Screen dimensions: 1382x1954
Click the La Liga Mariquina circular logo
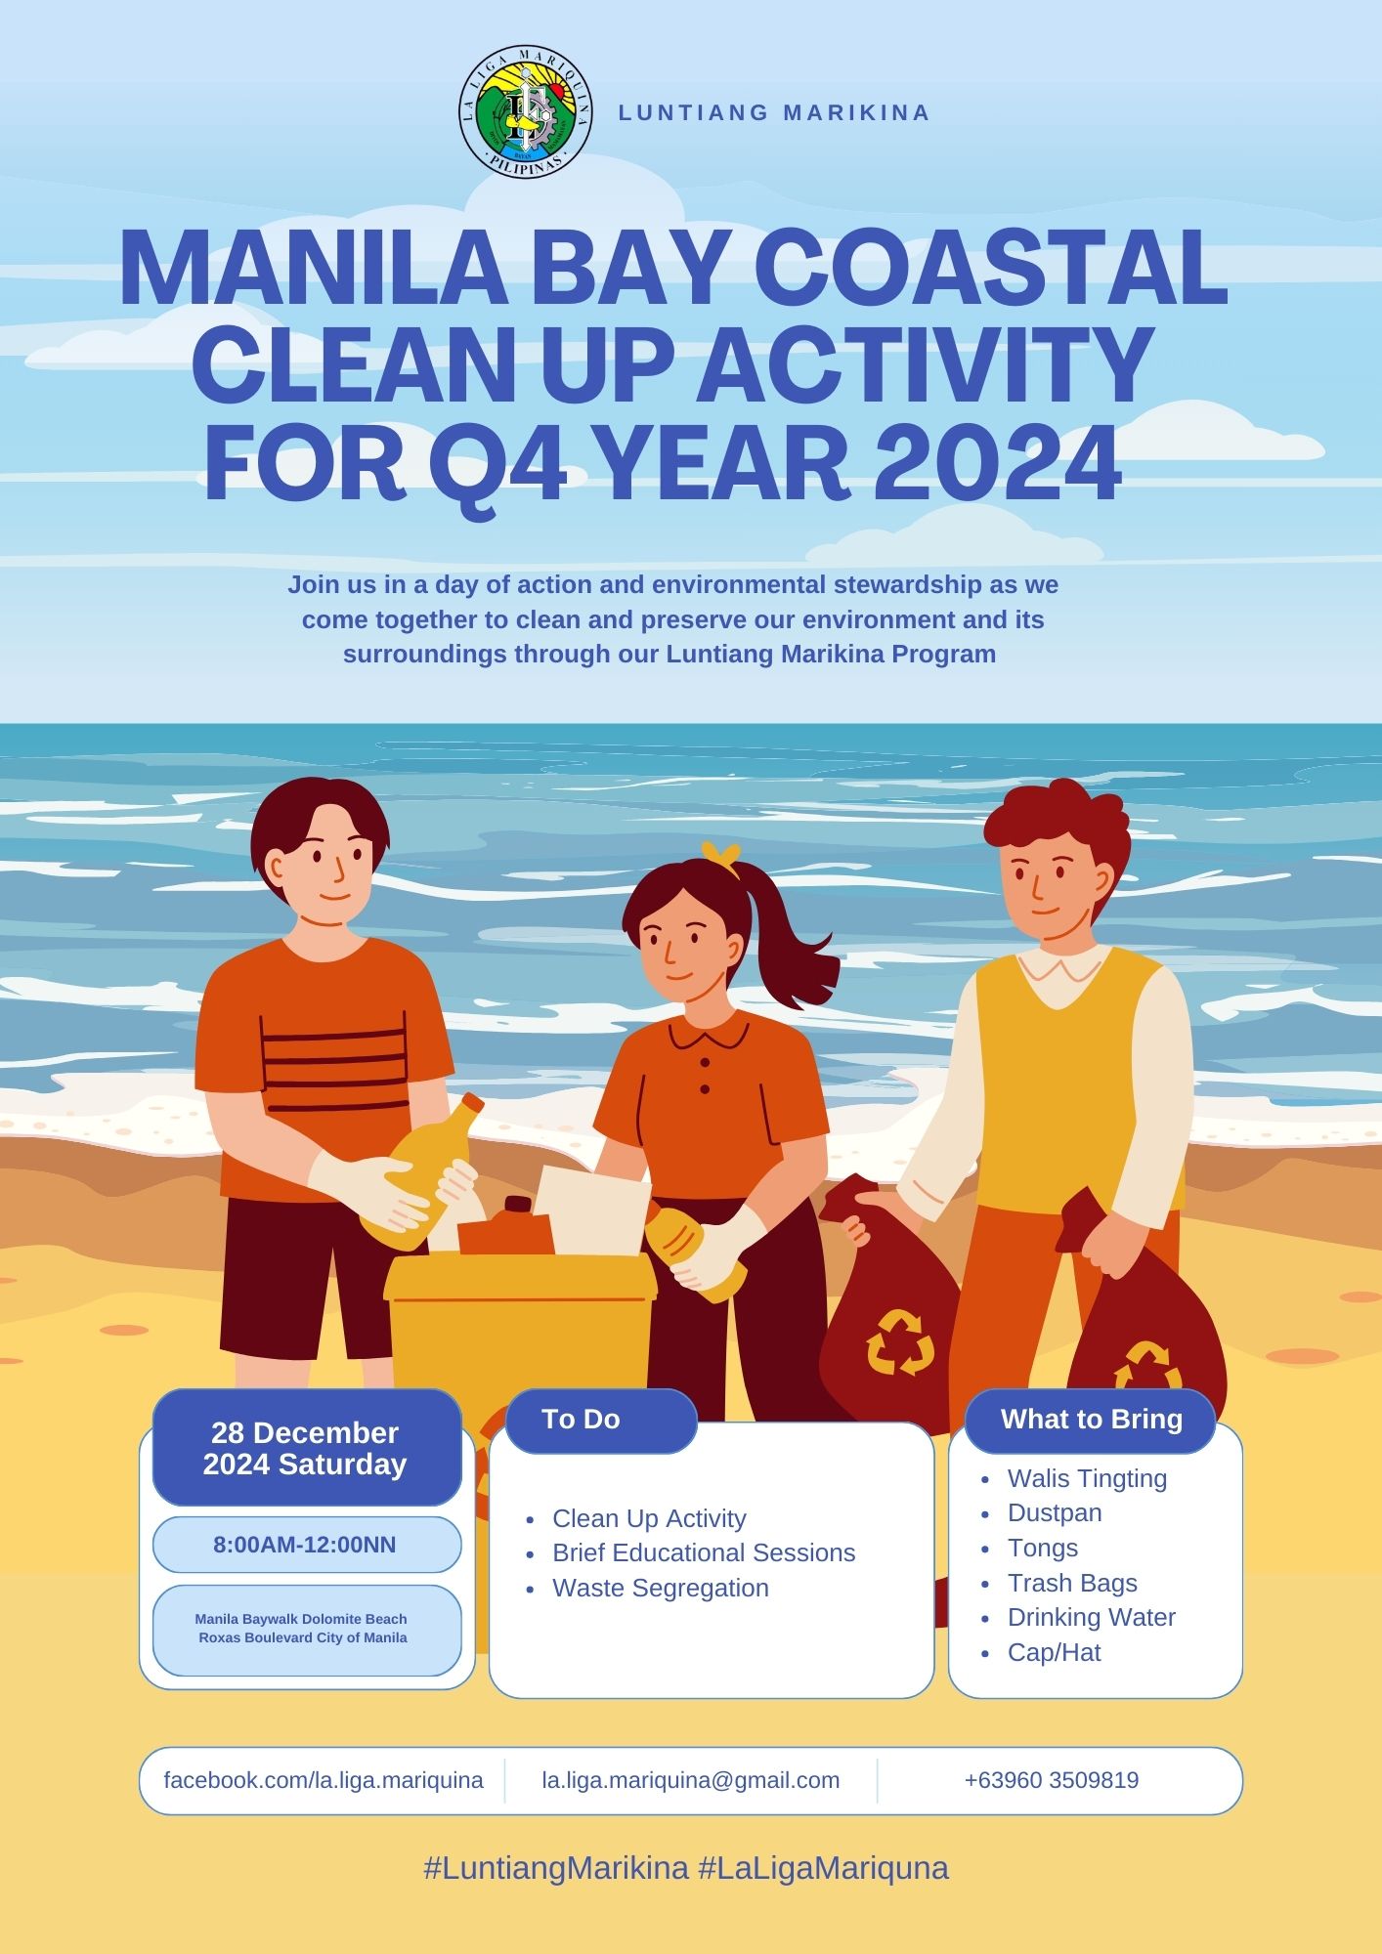526,112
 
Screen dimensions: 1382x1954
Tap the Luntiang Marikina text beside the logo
774,112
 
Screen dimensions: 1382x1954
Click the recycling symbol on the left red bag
900,1341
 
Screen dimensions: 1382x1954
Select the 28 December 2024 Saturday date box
307,1448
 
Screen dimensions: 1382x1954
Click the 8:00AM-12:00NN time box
307,1545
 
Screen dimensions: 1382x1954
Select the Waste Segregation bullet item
661,1589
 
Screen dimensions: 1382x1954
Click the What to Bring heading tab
1091,1420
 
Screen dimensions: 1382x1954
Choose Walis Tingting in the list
1087,1479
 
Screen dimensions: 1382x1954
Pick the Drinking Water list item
1091,1618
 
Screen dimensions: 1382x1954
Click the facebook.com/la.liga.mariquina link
324,1780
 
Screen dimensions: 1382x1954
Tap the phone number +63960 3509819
1052,1780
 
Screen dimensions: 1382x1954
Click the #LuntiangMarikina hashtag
556,1869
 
